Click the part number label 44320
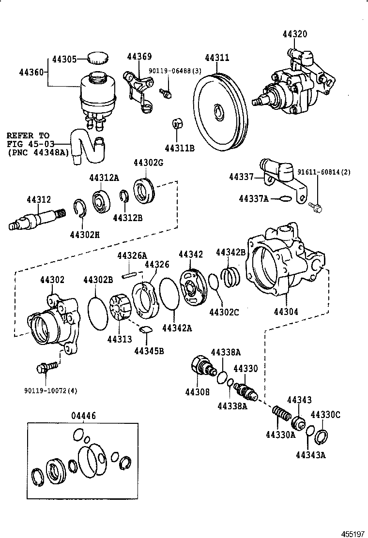295,34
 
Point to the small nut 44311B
177,124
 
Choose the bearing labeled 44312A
103,202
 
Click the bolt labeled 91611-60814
315,208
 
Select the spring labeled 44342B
231,279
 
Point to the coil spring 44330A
281,415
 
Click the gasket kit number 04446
84,415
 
